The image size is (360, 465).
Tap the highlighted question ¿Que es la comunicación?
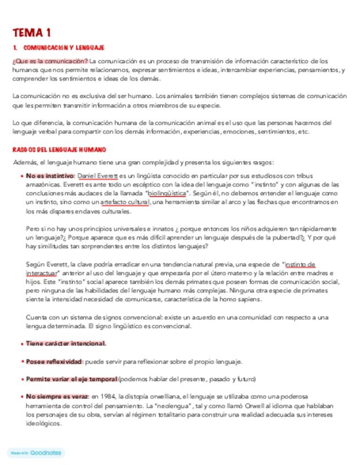pos(50,61)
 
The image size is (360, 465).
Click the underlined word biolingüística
pos(167,194)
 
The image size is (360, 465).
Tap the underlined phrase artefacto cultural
pos(125,202)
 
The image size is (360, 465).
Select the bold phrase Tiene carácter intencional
pos(66,344)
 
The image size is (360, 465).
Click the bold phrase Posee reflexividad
pos(54,361)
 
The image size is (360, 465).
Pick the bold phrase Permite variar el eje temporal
pos(71,379)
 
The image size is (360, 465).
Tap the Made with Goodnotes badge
pos(36,453)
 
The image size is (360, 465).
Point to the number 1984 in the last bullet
pos(110,396)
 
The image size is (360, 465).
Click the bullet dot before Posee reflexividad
pos(21,361)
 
